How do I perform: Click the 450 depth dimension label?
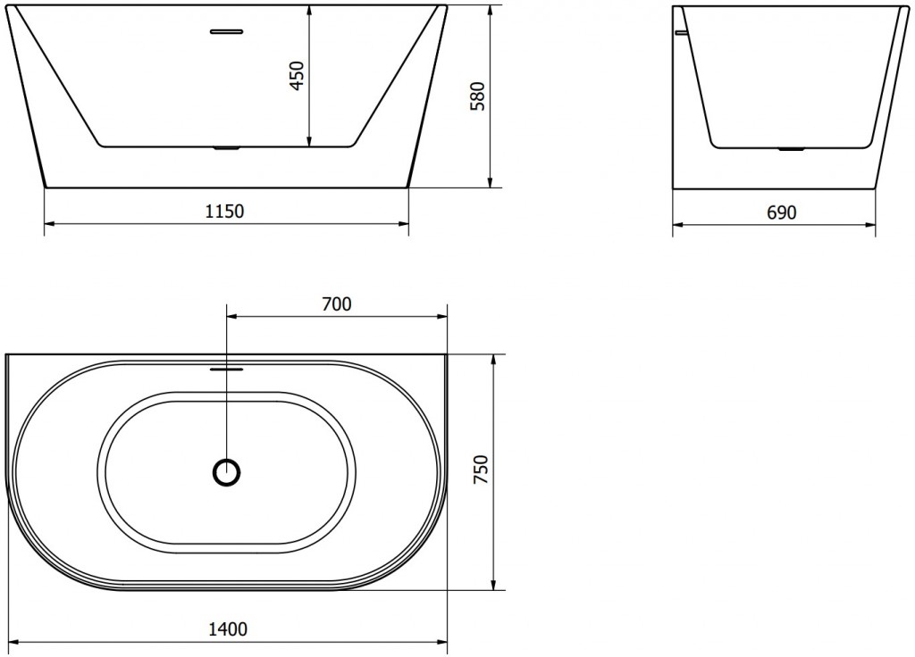pos(298,72)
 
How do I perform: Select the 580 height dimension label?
pos(477,96)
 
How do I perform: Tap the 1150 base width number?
pos(226,212)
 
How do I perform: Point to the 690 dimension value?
pos(781,212)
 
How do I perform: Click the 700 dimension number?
pos(336,304)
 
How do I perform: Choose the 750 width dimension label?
pos(480,470)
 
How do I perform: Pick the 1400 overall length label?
pos(227,629)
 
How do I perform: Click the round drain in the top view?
pos(227,472)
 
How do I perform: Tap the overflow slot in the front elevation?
pos(226,32)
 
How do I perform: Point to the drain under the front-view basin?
pos(226,148)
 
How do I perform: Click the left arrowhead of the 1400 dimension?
pos(13,642)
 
